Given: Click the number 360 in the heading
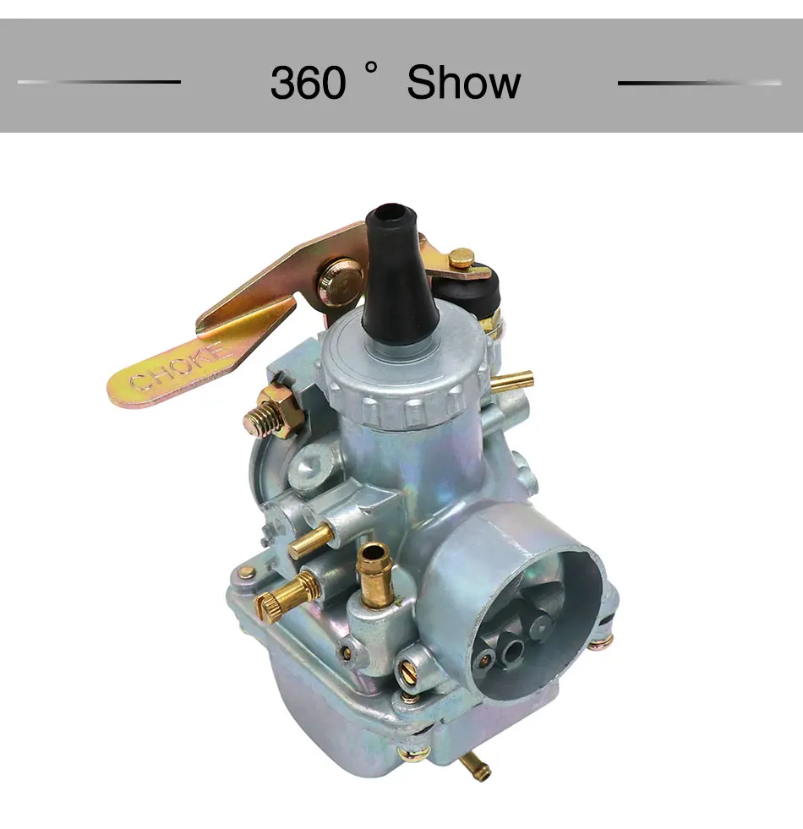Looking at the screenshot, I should coord(308,83).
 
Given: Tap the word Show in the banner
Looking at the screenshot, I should coord(463,83).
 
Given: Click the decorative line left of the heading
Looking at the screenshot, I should coord(99,82).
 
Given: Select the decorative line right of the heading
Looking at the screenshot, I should coord(699,83).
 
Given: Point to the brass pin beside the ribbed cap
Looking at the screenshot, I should coord(512,381).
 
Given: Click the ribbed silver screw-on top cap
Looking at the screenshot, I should coord(406,380).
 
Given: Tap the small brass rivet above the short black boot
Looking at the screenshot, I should coord(461,258).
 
